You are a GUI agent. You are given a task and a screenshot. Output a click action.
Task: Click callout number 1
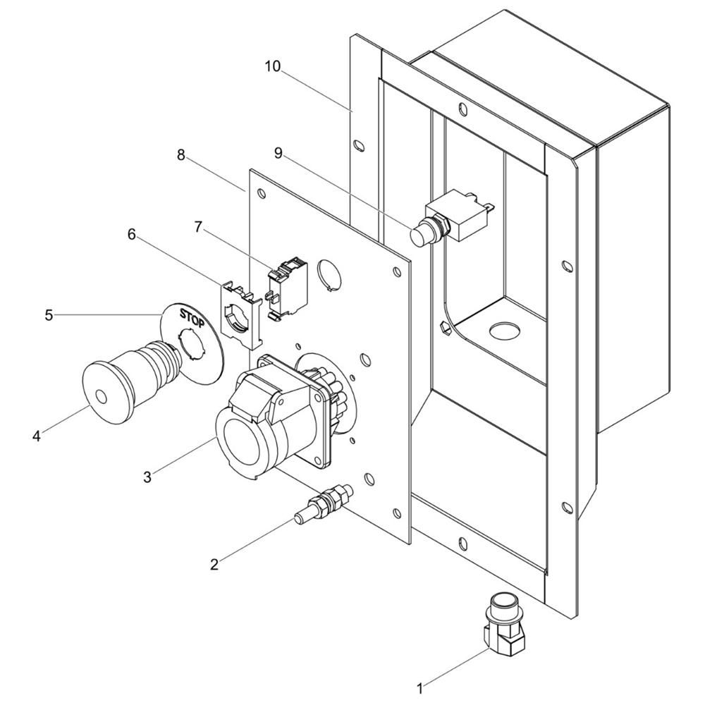coord(420,688)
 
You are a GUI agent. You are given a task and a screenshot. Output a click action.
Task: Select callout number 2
coord(214,564)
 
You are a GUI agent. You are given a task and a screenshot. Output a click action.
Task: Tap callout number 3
coord(147,477)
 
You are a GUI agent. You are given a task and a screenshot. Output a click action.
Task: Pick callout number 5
coord(49,315)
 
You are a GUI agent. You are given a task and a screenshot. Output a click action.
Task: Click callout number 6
coord(131,234)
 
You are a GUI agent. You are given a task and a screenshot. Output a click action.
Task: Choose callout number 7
coord(198,227)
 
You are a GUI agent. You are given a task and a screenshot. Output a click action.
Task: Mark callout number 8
coord(180,155)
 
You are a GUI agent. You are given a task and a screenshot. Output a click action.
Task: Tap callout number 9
coord(278,153)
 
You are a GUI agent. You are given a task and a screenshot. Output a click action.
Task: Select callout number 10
coord(272,66)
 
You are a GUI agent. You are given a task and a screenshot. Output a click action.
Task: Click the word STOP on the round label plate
coord(192,317)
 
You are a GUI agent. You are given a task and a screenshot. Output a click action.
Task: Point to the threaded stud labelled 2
coord(324,503)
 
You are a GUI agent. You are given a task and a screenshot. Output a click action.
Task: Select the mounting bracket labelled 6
coord(240,313)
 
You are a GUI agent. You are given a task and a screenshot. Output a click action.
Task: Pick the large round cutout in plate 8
coord(331,274)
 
